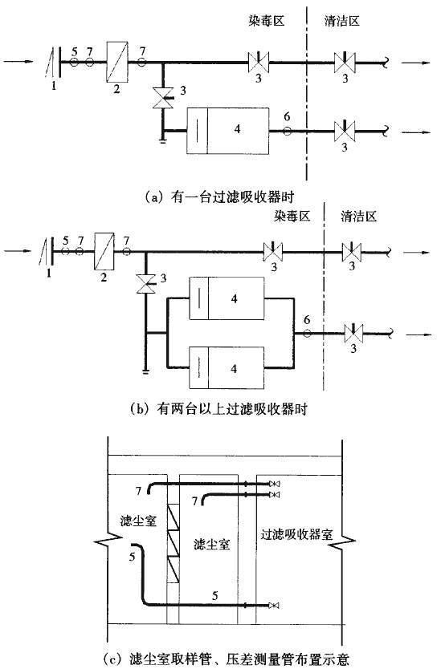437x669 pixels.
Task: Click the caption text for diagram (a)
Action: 219,197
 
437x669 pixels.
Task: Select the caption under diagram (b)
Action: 218,409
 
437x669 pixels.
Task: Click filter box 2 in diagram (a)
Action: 117,62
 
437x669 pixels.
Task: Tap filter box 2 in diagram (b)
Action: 104,251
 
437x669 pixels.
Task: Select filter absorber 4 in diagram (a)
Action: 228,131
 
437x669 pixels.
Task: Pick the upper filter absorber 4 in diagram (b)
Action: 227,298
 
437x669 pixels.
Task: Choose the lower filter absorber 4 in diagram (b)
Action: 227,367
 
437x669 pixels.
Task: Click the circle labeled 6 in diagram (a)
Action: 287,131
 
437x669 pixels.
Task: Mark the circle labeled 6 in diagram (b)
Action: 307,334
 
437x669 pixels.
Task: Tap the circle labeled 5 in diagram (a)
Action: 75,63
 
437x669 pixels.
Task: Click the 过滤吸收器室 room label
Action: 297,534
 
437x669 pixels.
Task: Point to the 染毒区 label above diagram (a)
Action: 266,20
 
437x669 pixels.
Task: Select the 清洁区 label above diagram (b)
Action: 359,216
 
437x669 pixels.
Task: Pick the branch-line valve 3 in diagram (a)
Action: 163,98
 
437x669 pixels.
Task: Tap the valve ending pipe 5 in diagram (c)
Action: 274,606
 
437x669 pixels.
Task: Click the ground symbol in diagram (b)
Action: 145,372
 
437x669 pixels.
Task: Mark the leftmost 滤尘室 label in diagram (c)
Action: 138,521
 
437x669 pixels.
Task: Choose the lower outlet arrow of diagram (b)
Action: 417,335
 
